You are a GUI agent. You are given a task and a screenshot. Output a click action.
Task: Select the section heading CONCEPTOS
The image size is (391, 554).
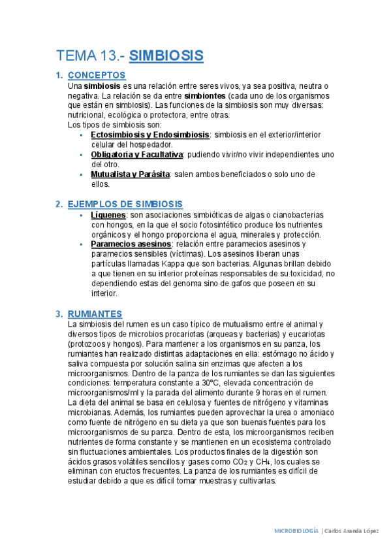click(x=97, y=76)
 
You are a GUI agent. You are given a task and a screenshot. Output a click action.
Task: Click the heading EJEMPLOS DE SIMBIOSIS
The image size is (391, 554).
click(x=125, y=204)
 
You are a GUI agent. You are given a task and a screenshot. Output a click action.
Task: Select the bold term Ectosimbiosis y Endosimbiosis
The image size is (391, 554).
click(x=150, y=135)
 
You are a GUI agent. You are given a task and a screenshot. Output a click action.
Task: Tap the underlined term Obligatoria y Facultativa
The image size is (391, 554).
click(x=136, y=154)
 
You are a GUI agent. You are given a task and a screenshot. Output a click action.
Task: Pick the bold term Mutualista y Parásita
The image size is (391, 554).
click(x=131, y=174)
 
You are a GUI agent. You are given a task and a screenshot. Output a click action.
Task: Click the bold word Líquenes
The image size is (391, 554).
click(x=108, y=215)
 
